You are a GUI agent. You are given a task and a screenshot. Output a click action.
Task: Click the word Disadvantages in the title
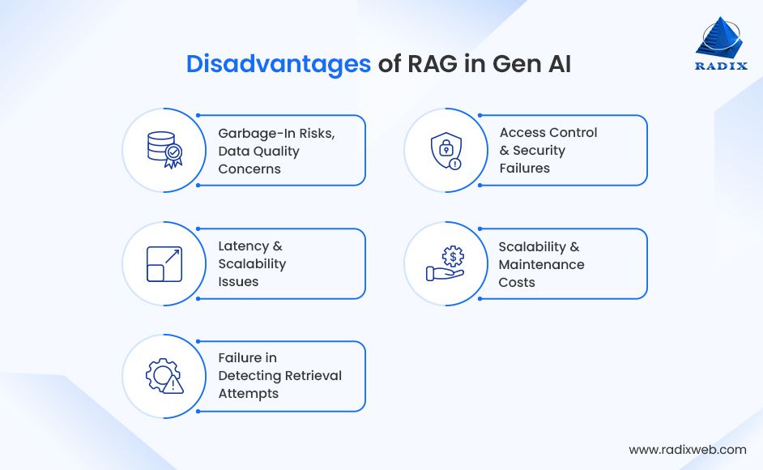coord(279,64)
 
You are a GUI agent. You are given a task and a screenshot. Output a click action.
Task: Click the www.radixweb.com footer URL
coord(687,449)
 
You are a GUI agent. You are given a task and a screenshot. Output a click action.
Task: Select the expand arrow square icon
coord(164,264)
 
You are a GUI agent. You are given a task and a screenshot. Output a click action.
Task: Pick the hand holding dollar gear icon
coord(445,264)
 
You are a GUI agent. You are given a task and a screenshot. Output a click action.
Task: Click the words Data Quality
coord(259,151)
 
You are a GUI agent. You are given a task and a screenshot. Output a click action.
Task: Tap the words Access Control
coord(548,132)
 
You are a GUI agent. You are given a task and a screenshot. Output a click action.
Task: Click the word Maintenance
coord(541,264)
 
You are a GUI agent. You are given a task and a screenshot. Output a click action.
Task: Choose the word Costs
coord(517,282)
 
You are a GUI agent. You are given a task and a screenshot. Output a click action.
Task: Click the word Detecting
coord(247,376)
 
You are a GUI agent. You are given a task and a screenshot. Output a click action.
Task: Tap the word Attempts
coord(248,394)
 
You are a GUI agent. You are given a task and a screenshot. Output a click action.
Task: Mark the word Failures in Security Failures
coord(524,168)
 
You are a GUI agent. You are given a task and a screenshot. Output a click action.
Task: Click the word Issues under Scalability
coord(238,282)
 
